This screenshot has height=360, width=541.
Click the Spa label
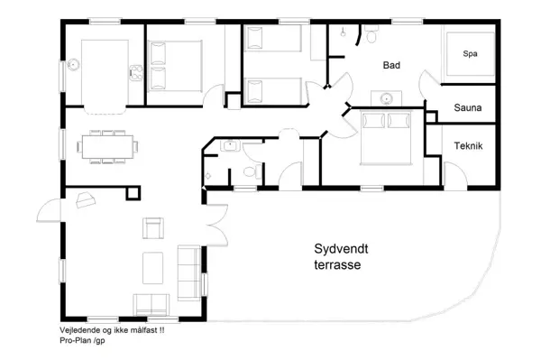point(470,54)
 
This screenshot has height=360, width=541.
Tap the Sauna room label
point(467,107)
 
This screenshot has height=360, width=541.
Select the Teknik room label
point(468,145)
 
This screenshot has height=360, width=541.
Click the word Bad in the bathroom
point(391,65)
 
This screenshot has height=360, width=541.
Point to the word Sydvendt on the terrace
point(341,248)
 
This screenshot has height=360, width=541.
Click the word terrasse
point(337,264)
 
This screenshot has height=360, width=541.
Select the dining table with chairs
point(107,146)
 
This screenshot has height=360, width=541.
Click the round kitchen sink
point(73,65)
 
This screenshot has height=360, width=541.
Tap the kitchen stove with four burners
point(136,73)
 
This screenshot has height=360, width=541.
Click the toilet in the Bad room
point(371,34)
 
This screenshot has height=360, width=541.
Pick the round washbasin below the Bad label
point(386,99)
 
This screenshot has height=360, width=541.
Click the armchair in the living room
point(153,228)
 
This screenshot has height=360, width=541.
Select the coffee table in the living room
point(153,268)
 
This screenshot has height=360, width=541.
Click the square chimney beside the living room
point(133,193)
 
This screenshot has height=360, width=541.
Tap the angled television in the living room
point(86,200)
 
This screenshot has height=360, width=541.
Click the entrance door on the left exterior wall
point(50,210)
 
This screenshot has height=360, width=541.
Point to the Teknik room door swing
point(455,175)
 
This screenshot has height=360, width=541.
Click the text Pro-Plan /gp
point(82,340)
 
